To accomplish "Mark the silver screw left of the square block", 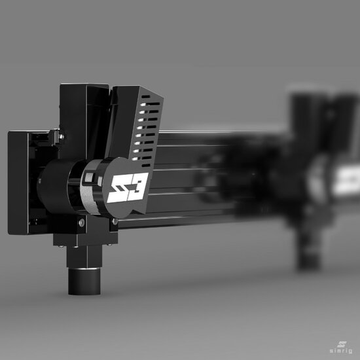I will coord(82,223).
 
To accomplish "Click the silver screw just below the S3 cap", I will coord(115,221).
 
